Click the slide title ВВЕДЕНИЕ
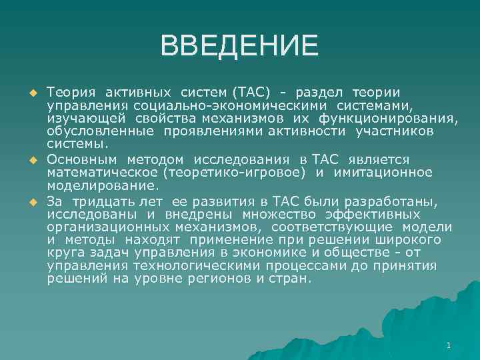(239, 45)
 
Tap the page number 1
(449, 345)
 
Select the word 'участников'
(394, 131)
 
